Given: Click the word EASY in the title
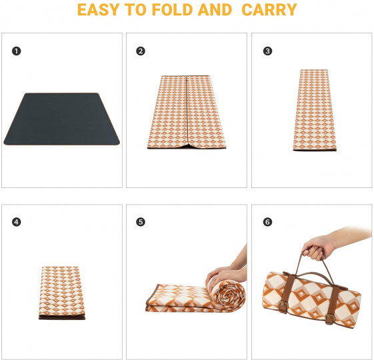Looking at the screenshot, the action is click(x=98, y=9).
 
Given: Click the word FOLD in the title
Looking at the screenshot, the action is click(x=172, y=9).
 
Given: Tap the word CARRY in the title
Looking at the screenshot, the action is click(x=269, y=9).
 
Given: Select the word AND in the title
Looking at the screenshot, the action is click(x=215, y=9).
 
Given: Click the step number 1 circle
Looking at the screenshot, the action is click(x=17, y=51).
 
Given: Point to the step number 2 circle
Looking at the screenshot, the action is click(x=141, y=51).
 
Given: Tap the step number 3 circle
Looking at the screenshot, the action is click(x=267, y=51).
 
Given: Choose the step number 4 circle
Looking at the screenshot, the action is click(x=17, y=222).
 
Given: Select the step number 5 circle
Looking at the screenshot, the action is click(x=141, y=222).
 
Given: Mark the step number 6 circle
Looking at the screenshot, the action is click(x=267, y=222).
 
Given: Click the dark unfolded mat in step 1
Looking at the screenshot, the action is click(x=61, y=119).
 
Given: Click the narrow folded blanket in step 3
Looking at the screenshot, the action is click(x=315, y=110).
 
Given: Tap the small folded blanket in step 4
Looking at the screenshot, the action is click(x=62, y=293).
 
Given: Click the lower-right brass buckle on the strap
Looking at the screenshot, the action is click(x=331, y=319).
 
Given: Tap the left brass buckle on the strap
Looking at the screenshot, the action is click(x=283, y=305).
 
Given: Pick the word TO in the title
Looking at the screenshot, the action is click(x=135, y=9).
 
